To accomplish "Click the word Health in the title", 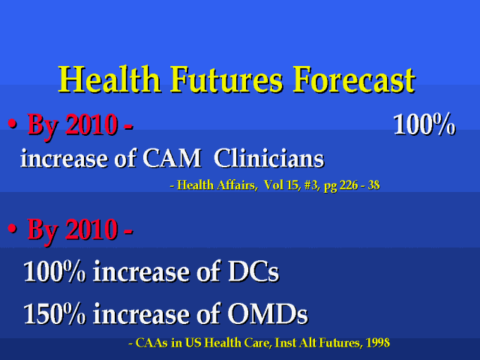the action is [x=109, y=79].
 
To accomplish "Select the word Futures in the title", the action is [x=226, y=79].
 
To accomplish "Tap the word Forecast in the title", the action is [x=354, y=79].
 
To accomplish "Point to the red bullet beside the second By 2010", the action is [x=12, y=228].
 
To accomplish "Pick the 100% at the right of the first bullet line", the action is [x=424, y=124].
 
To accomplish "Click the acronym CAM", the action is [x=172, y=158].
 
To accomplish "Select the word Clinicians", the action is [x=269, y=158].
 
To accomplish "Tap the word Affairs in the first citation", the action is [x=235, y=185].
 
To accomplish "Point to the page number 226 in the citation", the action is [x=349, y=185].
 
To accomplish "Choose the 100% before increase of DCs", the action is [x=55, y=271].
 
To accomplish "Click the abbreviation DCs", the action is [x=253, y=271].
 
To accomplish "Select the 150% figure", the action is [x=55, y=313].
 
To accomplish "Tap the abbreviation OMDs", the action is [x=268, y=313].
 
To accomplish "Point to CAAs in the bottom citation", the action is [x=151, y=343].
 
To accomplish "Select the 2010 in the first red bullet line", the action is [x=91, y=124].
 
